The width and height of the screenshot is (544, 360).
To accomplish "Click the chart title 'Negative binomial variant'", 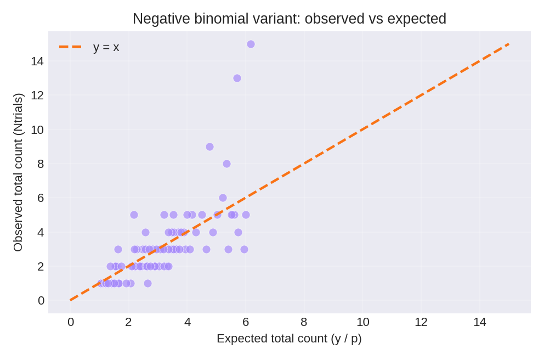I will click(x=289, y=19).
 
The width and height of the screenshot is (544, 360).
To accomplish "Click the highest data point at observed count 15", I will click(x=251, y=44).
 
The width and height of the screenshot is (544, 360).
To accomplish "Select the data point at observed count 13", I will click(x=237, y=78).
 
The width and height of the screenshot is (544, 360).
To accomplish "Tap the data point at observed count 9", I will click(x=209, y=147).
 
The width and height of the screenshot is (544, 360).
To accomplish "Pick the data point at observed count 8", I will click(x=226, y=164).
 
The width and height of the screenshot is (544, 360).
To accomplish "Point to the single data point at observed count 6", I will click(x=223, y=198).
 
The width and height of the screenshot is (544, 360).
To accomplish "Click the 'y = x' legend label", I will click(x=106, y=47).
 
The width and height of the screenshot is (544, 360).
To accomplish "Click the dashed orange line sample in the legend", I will click(x=70, y=47).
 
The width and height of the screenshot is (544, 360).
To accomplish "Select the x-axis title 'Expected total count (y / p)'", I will click(x=289, y=339).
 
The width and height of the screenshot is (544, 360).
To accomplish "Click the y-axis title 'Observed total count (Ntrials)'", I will click(x=18, y=172).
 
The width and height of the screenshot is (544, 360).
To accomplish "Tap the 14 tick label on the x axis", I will click(x=479, y=322).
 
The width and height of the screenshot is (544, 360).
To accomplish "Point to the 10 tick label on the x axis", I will click(x=362, y=322).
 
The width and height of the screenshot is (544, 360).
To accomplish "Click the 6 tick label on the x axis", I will click(x=246, y=322).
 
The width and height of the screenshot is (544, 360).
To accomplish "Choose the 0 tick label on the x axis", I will click(x=70, y=322).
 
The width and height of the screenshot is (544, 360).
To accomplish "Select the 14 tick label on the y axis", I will click(x=37, y=61).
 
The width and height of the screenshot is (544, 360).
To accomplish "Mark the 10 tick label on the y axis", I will click(x=37, y=130).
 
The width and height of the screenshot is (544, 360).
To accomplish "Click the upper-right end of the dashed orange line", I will click(x=508, y=44).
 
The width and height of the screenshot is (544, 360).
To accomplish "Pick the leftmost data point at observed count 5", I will click(x=134, y=215).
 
